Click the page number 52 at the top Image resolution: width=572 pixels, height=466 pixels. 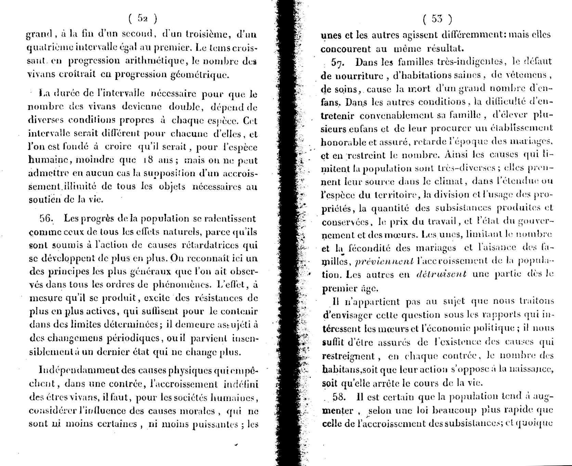point(143,19)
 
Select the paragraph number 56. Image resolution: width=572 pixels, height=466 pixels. point(48,218)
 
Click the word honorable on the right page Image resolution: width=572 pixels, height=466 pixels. point(344,141)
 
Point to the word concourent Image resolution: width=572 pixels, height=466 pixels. point(346,48)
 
